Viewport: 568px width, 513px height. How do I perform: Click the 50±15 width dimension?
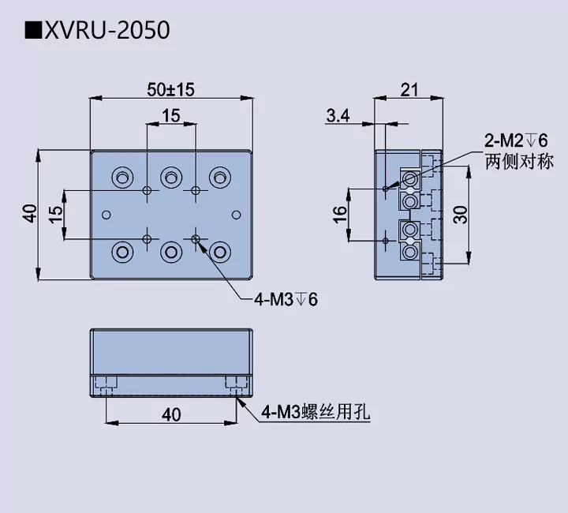pyautogui.click(x=170, y=89)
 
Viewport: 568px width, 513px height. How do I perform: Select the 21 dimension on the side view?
pyautogui.click(x=409, y=89)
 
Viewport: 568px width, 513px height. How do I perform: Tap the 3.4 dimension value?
pyautogui.click(x=338, y=116)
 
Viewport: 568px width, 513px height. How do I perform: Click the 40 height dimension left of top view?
pyautogui.click(x=29, y=213)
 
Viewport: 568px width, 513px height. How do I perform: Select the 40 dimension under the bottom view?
pyautogui.click(x=170, y=414)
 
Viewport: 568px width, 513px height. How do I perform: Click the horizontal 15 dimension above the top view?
pyautogui.click(x=170, y=115)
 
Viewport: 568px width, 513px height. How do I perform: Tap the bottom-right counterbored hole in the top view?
pyautogui.click(x=219, y=252)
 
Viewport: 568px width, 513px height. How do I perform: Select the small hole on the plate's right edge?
pyautogui.click(x=235, y=214)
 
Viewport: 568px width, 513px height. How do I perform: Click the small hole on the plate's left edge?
pyautogui.click(x=106, y=214)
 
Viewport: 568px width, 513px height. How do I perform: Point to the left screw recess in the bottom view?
pyautogui.click(x=106, y=384)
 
